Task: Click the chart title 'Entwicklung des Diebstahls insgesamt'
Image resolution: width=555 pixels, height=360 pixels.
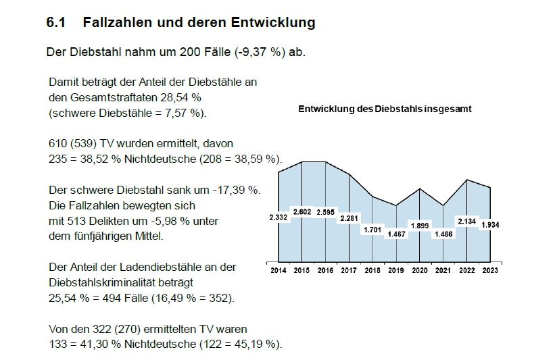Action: click(x=385, y=109)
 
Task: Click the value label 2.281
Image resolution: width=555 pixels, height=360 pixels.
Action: click(x=349, y=217)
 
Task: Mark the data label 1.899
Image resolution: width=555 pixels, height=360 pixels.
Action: click(x=420, y=225)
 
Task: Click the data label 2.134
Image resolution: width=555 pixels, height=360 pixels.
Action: click(x=466, y=220)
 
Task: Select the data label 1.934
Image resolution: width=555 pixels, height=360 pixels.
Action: click(x=489, y=224)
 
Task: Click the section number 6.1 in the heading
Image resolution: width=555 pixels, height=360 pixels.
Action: click(x=55, y=23)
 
